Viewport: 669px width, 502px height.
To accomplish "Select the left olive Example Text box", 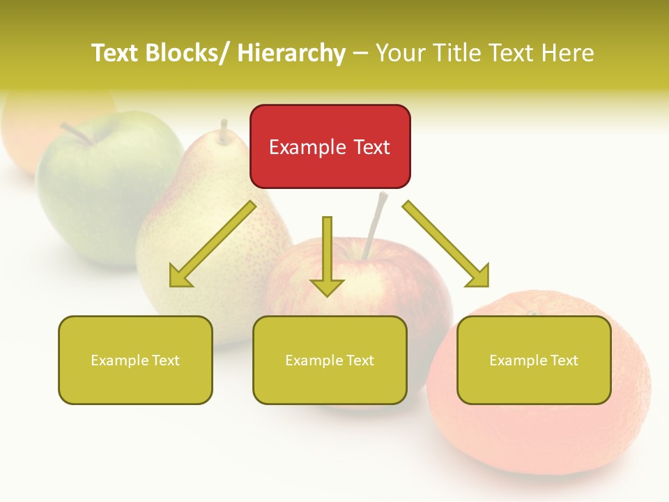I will (x=135, y=360).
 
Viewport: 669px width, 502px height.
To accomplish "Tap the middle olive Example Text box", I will (x=330, y=360).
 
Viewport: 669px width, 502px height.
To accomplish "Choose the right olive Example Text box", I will (x=534, y=360).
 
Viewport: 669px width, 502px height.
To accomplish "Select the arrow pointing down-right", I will (x=446, y=244).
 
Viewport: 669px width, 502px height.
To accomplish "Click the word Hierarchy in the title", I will (x=291, y=53).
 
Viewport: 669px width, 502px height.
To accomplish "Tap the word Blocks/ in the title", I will (x=187, y=53).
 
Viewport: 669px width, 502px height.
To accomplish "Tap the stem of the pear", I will (x=224, y=131).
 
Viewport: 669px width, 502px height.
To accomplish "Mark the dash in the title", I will (x=360, y=54).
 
